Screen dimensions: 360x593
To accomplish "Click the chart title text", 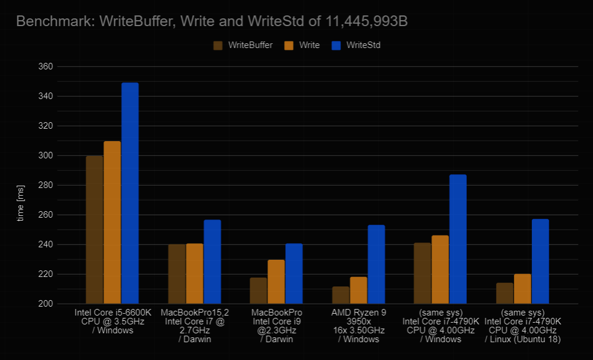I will [x=212, y=22].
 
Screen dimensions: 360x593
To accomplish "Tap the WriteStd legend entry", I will [x=363, y=45].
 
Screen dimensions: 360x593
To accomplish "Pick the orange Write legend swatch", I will [x=289, y=45].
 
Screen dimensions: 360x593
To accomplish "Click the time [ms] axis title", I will [x=21, y=202].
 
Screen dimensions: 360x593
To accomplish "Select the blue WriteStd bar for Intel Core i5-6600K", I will [x=130, y=193].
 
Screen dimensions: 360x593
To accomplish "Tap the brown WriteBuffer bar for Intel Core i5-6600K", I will [x=94, y=230].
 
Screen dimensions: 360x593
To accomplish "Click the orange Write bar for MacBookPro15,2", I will [x=195, y=273].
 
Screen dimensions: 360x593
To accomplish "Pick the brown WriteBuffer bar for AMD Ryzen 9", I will [x=340, y=295].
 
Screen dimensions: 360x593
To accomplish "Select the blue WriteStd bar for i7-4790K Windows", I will [x=458, y=239].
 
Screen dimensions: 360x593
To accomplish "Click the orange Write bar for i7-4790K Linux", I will [x=522, y=289].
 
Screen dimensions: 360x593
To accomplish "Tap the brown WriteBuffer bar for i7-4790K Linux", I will [x=505, y=293].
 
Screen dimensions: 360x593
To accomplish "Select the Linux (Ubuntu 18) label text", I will [x=522, y=339].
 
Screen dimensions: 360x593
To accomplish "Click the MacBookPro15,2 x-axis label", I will [x=195, y=312].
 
